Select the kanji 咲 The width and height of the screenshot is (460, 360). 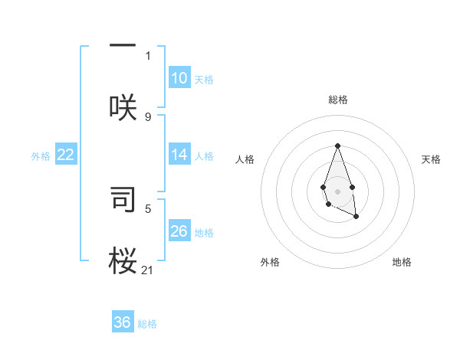pos(123,107)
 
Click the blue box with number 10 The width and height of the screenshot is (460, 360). pos(179,77)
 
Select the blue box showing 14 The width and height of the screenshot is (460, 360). pos(179,154)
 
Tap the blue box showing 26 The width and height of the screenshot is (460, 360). pos(179,231)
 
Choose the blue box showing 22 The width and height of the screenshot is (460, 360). pos(66,155)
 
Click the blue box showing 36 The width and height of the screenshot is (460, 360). pos(123,322)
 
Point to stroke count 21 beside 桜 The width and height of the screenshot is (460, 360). pos(148,270)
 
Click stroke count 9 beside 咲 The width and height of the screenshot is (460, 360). pos(148,116)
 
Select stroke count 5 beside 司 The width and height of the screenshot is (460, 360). pos(148,208)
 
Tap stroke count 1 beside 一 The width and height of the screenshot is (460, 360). pos(148,55)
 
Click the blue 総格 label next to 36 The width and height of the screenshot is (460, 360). pos(147,324)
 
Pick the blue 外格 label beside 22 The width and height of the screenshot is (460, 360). pos(41,155)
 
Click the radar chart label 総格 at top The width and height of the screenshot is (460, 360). pos(337,100)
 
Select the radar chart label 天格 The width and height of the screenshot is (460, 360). pos(431,159)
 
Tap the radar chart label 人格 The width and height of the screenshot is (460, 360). pos(245,159)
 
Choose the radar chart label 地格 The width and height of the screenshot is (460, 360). pos(402,262)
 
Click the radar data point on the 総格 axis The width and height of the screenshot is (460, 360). pos(337,146)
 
